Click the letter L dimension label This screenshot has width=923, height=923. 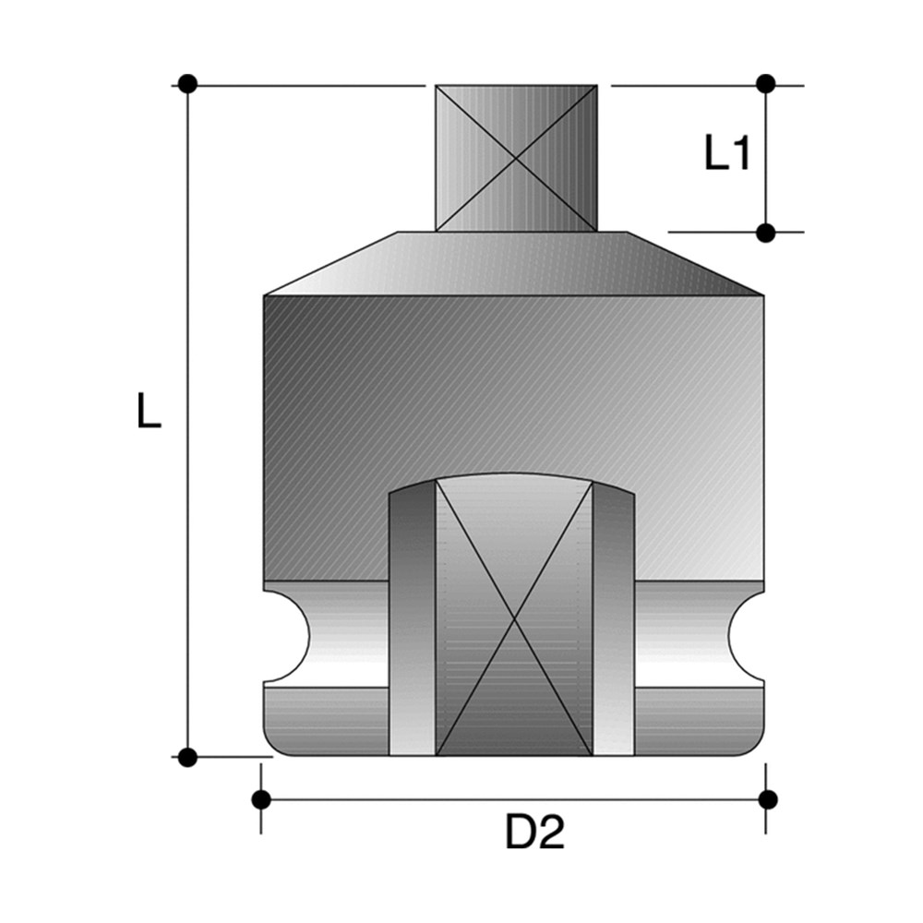tap(149, 410)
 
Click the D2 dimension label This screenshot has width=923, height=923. tap(534, 834)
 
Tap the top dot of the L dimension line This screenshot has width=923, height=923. tap(188, 84)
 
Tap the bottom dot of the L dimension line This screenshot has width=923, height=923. tap(188, 758)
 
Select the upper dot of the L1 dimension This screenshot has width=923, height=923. tap(765, 84)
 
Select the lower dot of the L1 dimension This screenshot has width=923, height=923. tap(765, 233)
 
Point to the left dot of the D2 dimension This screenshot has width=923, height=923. tap(261, 798)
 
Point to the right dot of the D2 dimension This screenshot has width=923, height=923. tap(765, 798)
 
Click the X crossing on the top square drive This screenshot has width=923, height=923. tap(516, 158)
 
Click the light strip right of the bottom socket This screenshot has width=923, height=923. tap(614, 628)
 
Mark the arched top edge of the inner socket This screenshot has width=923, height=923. tap(512, 478)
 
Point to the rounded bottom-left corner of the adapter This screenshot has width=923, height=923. tap(273, 744)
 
